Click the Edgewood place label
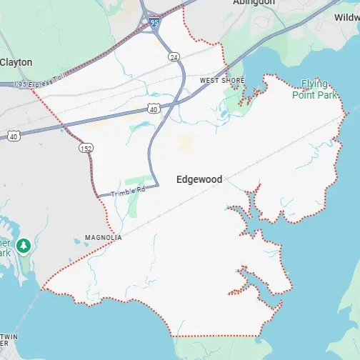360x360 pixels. click(199, 179)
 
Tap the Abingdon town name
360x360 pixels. click(254, 3)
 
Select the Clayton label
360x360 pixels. click(16, 62)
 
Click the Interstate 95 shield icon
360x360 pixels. click(155, 24)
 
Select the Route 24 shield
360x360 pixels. click(174, 56)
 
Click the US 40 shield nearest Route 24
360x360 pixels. click(154, 109)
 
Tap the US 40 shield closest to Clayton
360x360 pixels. click(14, 135)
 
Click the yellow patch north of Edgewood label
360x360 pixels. click(185, 141)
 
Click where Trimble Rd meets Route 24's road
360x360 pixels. click(157, 184)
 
